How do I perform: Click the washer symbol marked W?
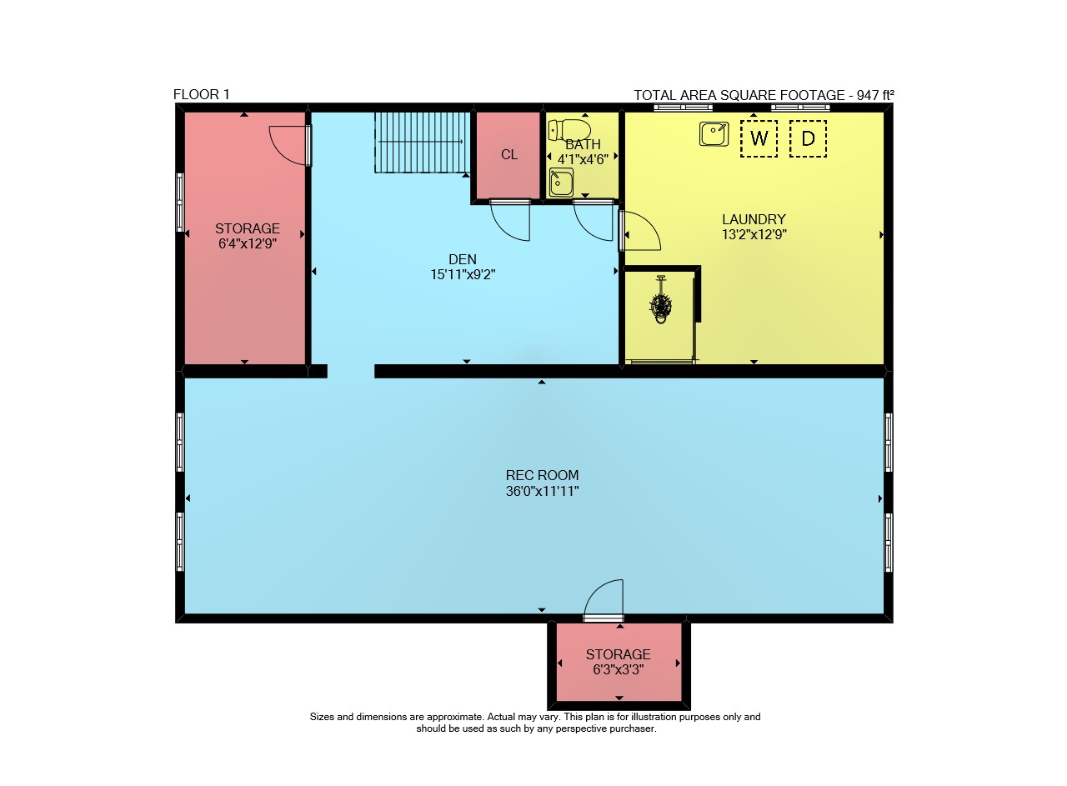coord(759,138)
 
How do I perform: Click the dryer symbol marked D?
coord(808,138)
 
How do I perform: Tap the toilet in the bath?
coord(569,129)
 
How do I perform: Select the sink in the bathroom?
coord(561,182)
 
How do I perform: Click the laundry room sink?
coord(714,134)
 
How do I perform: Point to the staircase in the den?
coord(422,142)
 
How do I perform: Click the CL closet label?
coord(509,154)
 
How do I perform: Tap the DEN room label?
coord(463,259)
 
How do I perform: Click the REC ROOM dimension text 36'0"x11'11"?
coord(542,491)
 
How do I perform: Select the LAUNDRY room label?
coord(754,219)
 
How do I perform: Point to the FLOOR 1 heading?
coord(202,94)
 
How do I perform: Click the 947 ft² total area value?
coord(875,95)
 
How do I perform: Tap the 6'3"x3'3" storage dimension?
coord(619,670)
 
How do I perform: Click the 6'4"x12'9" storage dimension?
coord(248,243)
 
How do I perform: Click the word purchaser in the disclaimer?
coord(633,728)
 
